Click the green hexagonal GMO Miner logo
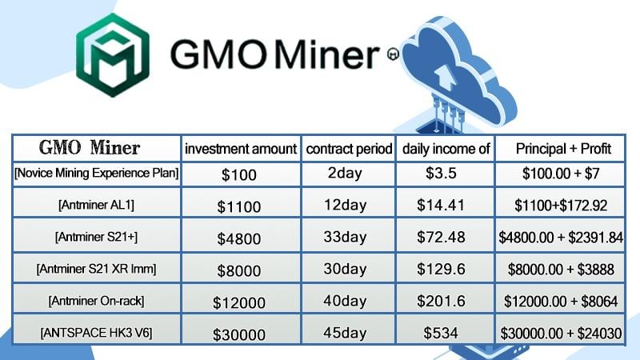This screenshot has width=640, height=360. (x=113, y=55)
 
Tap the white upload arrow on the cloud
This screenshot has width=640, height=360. (x=445, y=78)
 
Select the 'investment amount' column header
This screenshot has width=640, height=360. (x=241, y=149)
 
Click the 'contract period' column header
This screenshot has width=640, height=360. (x=349, y=149)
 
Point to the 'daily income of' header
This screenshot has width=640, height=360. (x=446, y=149)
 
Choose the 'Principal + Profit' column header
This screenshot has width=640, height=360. (x=563, y=149)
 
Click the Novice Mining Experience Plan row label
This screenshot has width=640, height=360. (x=96, y=174)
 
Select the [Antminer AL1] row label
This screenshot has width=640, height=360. (x=96, y=205)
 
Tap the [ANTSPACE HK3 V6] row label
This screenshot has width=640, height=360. (x=96, y=333)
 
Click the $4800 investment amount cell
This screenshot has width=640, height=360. (x=238, y=238)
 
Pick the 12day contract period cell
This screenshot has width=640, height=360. (x=345, y=205)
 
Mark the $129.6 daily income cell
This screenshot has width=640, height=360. (x=441, y=269)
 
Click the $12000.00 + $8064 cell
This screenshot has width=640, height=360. (x=561, y=302)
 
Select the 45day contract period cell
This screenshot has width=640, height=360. (x=345, y=333)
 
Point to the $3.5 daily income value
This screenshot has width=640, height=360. (x=441, y=173)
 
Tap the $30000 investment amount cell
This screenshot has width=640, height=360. (x=238, y=335)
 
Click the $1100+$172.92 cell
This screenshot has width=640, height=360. (x=561, y=206)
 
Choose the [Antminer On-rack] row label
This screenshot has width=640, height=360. (x=96, y=302)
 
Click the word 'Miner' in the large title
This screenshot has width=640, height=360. (x=327, y=54)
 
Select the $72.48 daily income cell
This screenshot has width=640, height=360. (x=441, y=237)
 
